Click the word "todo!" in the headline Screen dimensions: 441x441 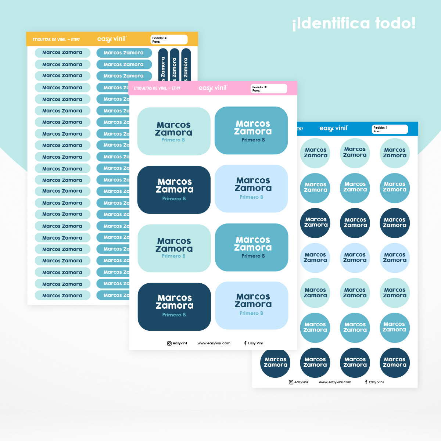click(x=395, y=23)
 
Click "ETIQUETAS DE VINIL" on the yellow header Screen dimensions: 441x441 click(x=49, y=40)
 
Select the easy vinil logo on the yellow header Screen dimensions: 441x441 click(x=112, y=39)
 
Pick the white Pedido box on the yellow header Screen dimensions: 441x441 click(x=169, y=39)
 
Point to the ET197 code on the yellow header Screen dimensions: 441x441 click(x=75, y=40)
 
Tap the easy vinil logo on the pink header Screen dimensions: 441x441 click(x=213, y=88)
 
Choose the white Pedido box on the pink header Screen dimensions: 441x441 click(x=269, y=89)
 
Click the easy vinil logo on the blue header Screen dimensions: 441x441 click(x=333, y=128)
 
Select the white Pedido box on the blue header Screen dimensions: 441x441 click(x=390, y=129)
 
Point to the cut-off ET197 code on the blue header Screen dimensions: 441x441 click(x=300, y=129)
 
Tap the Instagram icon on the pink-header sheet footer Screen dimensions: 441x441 click(x=169, y=343)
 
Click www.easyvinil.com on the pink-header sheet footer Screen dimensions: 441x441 click(x=214, y=343)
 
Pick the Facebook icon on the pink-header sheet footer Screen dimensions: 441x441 click(x=245, y=343)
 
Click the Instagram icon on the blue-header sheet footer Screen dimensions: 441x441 click(x=291, y=382)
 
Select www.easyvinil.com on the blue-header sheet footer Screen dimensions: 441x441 click(x=335, y=382)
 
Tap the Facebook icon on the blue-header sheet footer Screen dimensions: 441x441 click(x=366, y=382)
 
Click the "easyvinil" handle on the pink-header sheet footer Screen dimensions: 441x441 click(x=180, y=343)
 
